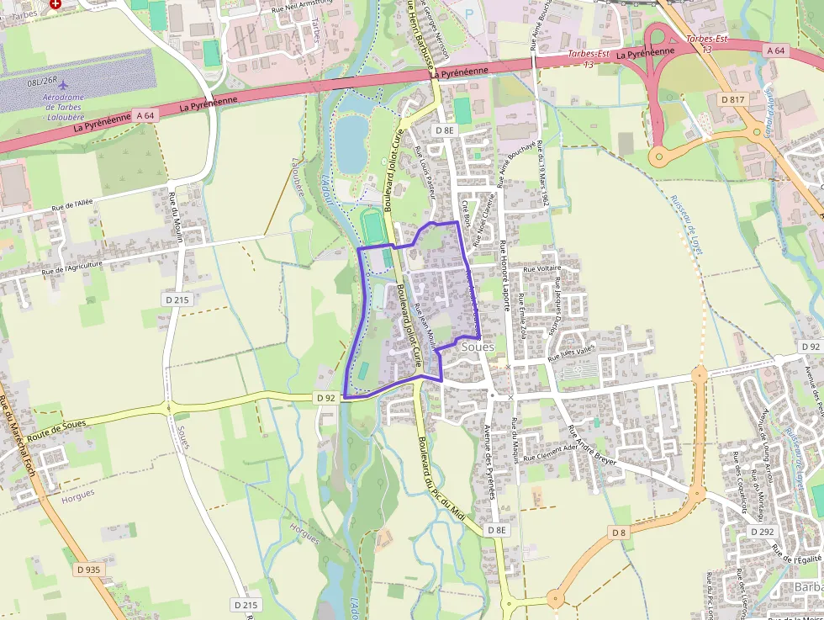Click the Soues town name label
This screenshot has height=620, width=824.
point(478,347)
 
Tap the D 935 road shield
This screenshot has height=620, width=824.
point(87,570)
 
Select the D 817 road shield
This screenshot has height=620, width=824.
point(733,99)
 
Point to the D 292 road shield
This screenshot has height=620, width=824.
point(762,532)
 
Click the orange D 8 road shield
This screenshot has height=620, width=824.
point(619,533)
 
